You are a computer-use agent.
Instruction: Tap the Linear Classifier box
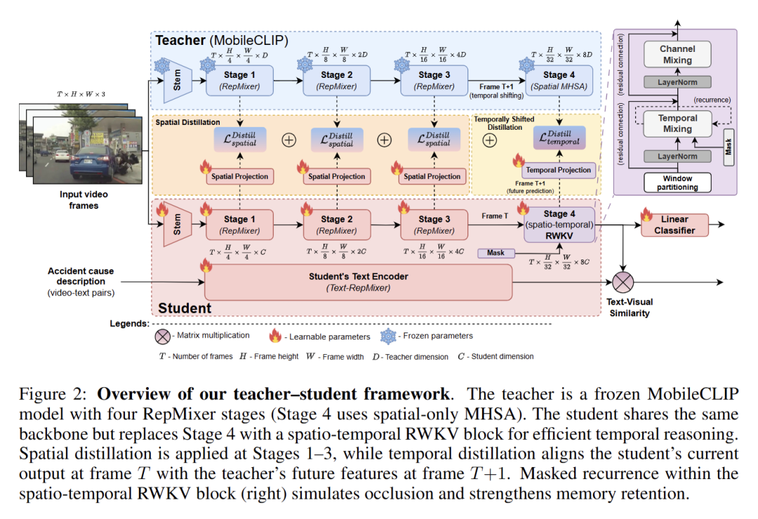(x=674, y=224)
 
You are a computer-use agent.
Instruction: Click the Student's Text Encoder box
(x=358, y=282)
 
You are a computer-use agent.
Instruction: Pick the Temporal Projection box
(x=558, y=170)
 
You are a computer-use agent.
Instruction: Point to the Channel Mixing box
(x=677, y=55)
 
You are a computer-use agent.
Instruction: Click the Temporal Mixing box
(x=677, y=123)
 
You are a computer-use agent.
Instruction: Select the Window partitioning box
(x=677, y=182)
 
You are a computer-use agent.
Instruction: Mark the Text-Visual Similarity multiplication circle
(x=623, y=282)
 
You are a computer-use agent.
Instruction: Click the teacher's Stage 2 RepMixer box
(x=332, y=80)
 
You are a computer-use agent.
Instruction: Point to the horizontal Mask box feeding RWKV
(x=496, y=252)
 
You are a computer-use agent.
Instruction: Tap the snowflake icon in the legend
(x=390, y=336)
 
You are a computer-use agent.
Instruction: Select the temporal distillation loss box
(x=558, y=137)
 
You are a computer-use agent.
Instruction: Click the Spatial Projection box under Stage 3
(x=432, y=177)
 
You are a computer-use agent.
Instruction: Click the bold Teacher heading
(x=180, y=40)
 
